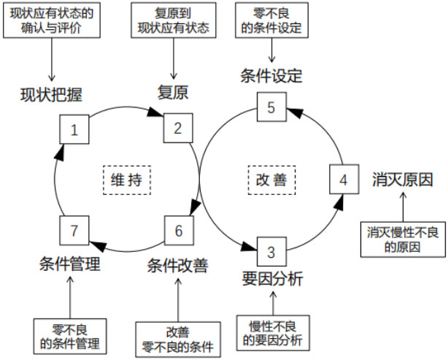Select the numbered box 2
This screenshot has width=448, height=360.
pyautogui.click(x=177, y=128)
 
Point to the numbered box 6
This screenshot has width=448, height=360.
pyautogui.click(x=179, y=230)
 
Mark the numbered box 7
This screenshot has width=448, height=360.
pyautogui.click(x=74, y=230)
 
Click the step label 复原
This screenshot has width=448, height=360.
pyautogui.click(x=173, y=93)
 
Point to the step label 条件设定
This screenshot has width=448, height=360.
pyautogui.click(x=271, y=76)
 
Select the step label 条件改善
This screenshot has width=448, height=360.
pyautogui.click(x=177, y=264)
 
